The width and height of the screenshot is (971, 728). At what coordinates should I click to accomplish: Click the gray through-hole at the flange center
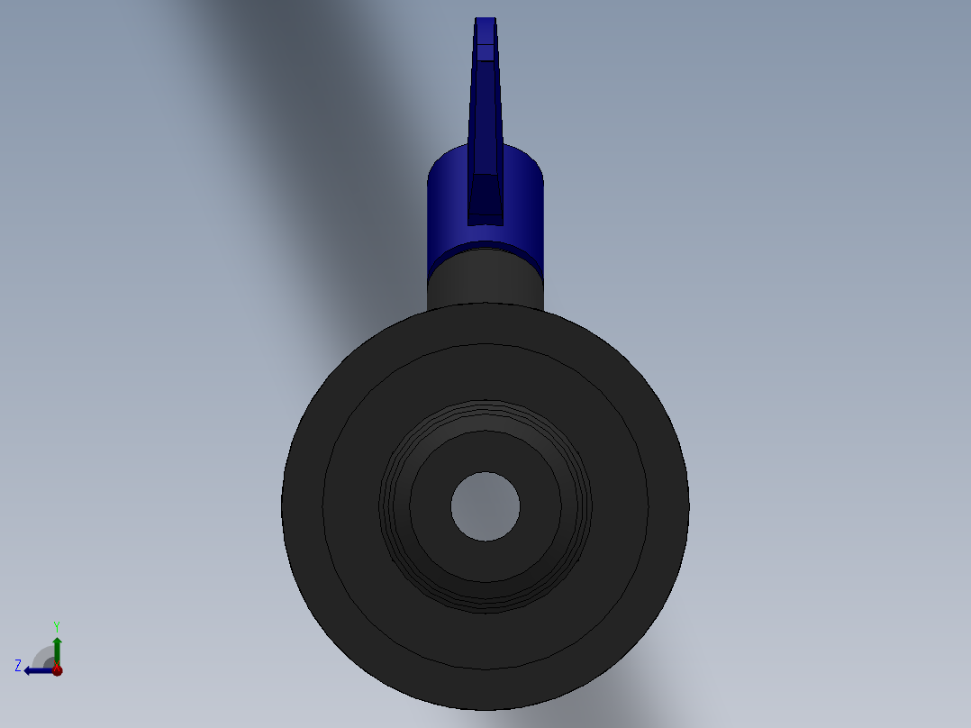click(485, 506)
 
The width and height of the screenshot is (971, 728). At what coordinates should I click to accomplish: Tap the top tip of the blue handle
click(485, 22)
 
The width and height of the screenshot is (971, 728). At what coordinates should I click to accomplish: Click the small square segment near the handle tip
click(485, 52)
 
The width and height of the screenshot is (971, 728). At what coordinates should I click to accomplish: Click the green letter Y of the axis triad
click(56, 626)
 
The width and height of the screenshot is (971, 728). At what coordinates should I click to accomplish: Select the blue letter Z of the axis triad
click(18, 666)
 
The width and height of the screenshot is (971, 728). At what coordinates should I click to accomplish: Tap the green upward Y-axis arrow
click(57, 647)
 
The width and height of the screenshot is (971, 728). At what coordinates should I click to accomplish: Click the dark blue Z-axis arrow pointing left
click(36, 670)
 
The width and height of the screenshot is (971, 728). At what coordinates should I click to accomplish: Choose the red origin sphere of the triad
click(57, 669)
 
